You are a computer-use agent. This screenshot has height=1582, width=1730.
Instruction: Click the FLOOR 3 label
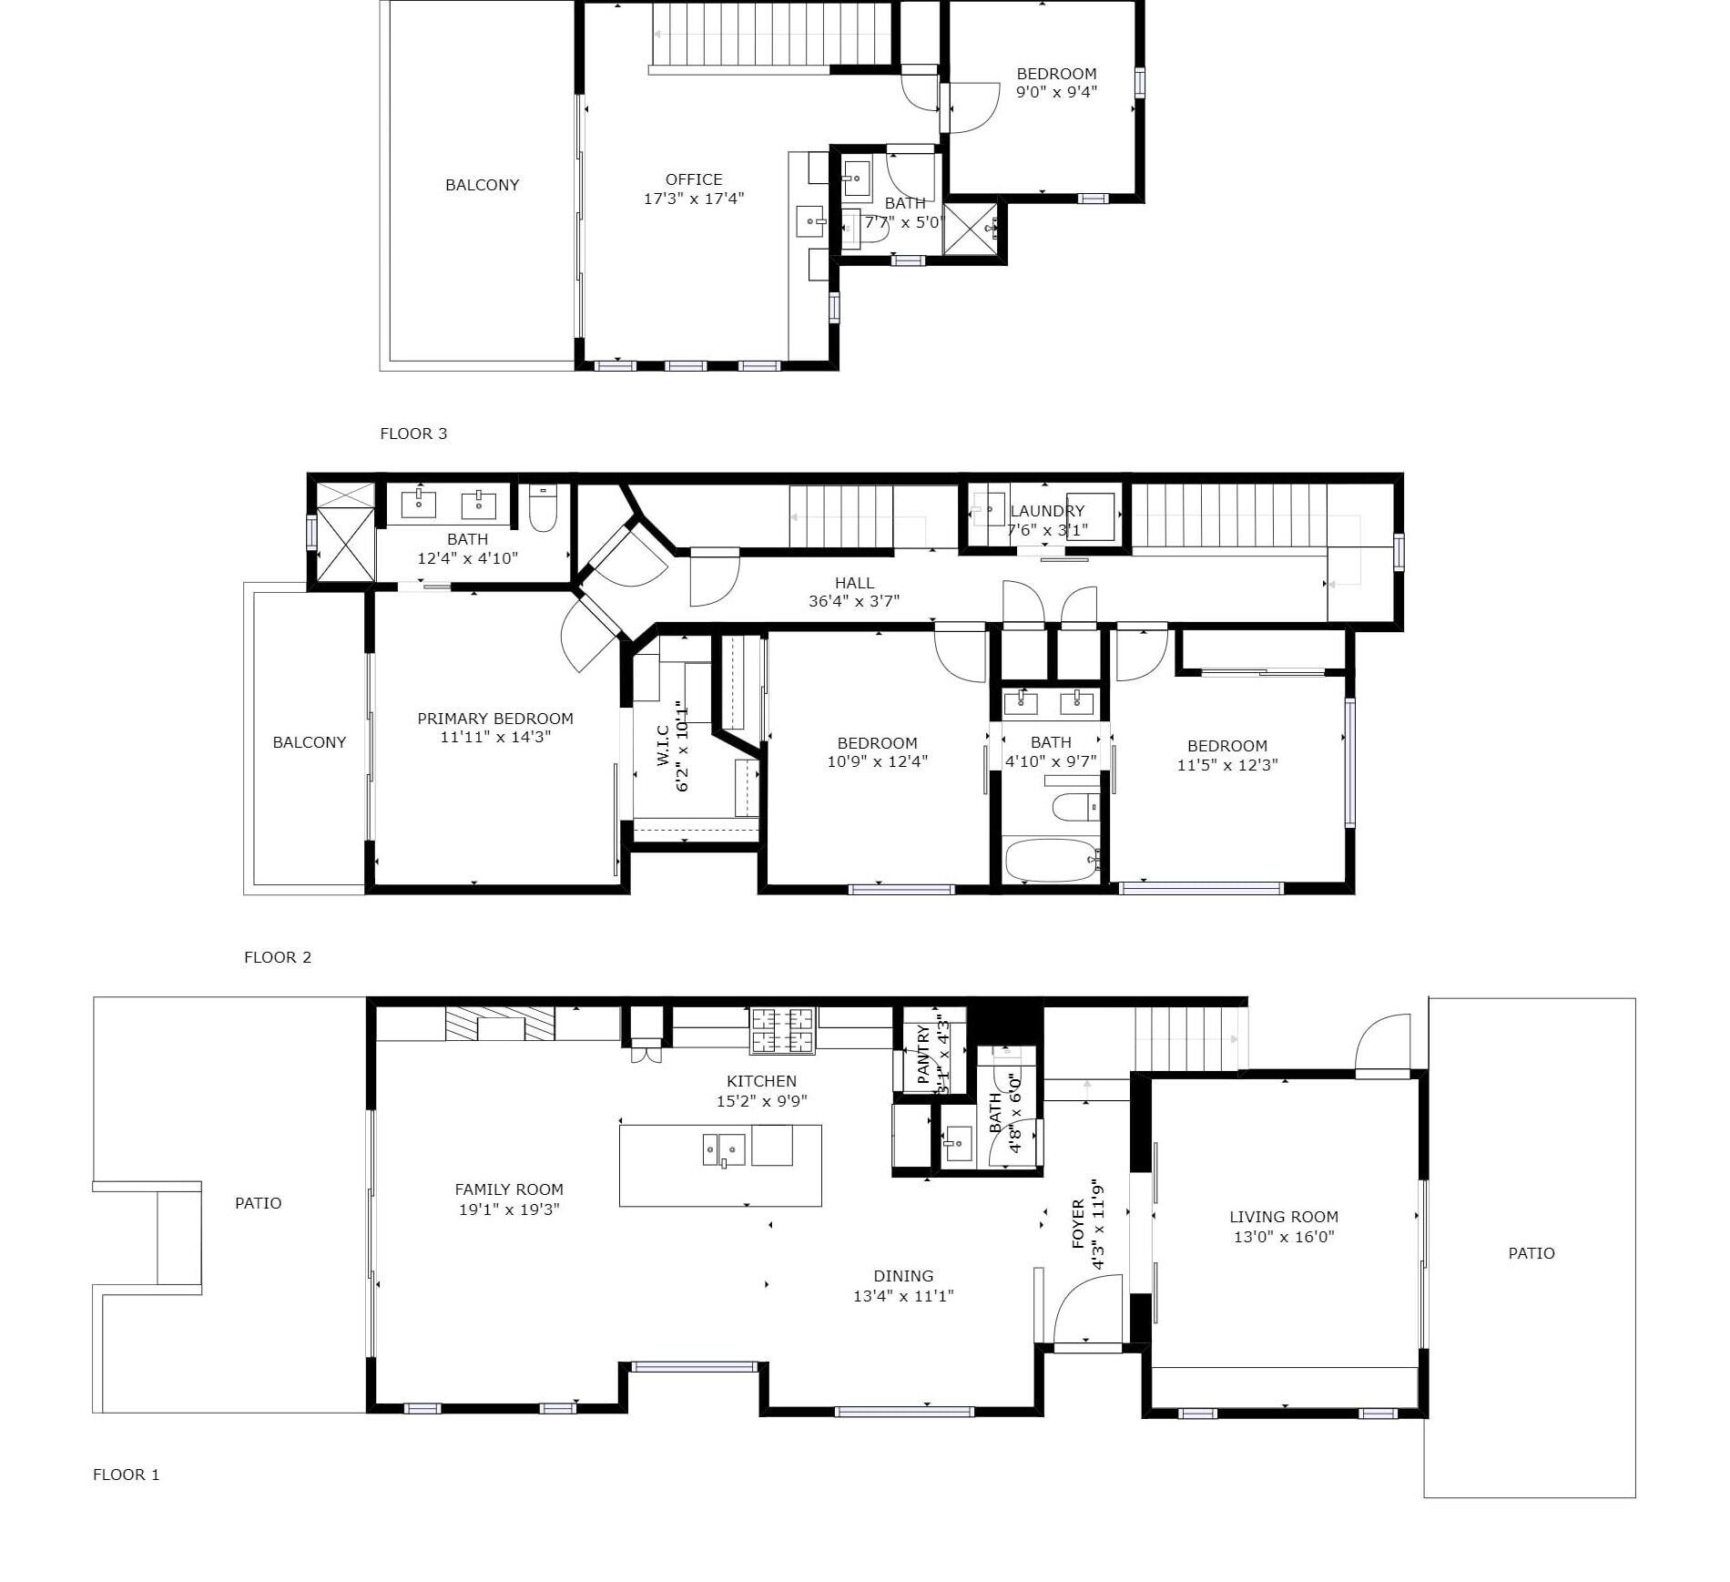413,434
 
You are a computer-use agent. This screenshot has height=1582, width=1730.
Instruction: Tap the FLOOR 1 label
127,1475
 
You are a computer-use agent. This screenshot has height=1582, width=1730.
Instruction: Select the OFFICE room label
694,179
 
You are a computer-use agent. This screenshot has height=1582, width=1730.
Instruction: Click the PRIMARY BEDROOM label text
495,719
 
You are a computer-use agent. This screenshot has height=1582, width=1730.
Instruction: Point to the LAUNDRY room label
1047,511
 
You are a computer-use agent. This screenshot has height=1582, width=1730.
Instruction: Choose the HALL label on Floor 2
854,583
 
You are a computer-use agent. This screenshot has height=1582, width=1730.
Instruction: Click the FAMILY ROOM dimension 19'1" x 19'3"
509,1209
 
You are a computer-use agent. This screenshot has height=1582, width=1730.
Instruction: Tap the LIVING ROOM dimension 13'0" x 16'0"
1284,1237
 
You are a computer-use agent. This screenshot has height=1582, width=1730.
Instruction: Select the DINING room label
903,1276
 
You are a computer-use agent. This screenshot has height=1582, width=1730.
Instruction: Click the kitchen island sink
724,1149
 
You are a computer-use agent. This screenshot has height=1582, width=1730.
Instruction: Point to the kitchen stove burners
781,1029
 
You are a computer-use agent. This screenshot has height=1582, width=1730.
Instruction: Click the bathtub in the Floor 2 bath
1052,860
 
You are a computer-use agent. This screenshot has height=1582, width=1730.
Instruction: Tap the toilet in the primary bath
544,507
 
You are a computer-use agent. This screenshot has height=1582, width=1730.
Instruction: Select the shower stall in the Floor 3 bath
970,229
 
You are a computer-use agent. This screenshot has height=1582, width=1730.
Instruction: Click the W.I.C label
663,745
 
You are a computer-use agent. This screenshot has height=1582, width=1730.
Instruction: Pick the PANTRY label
923,1055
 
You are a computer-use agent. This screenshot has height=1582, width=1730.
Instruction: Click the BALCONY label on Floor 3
483,185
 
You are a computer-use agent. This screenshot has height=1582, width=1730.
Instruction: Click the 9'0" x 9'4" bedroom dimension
1057,92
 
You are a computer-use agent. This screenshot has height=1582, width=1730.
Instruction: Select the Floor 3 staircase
770,36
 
